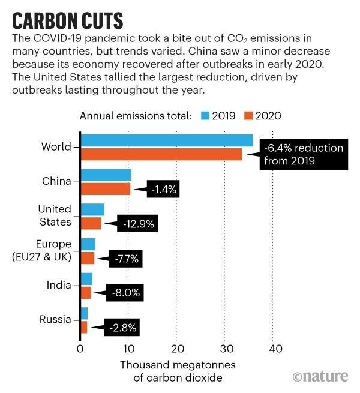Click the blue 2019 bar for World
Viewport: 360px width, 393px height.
[167, 140]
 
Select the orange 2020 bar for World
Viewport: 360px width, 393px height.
[161, 154]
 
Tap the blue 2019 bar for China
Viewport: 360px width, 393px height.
[106, 175]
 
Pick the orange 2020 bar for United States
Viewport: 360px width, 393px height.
[91, 223]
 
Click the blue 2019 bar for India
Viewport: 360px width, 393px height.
[86, 279]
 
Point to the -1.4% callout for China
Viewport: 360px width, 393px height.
[161, 189]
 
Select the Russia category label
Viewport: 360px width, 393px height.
[55, 320]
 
